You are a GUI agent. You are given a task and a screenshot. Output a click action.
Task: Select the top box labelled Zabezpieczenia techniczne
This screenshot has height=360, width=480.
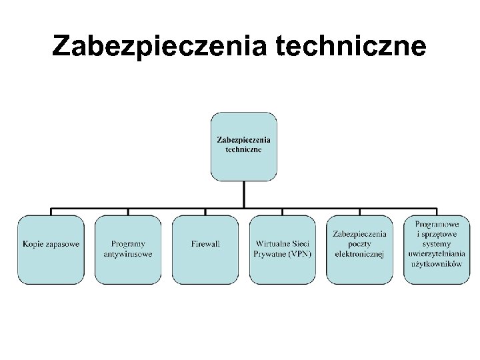point(243,146)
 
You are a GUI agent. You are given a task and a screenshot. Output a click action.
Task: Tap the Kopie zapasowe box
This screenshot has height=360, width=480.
point(51,249)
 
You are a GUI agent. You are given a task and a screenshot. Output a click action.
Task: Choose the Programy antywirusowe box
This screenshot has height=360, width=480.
point(128,249)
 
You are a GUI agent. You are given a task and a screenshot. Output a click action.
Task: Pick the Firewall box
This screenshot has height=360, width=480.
point(205,249)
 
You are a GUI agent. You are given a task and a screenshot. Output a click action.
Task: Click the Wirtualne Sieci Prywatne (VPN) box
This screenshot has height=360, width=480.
point(282,249)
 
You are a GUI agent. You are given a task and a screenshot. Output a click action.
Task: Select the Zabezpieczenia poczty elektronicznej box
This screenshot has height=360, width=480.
point(359,249)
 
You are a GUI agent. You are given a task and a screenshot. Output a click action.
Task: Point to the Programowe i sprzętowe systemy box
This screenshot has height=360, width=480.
point(437,249)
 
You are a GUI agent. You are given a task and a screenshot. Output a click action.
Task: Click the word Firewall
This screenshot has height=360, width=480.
point(205,244)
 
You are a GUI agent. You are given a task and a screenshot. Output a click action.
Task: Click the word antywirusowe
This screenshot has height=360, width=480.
point(128,254)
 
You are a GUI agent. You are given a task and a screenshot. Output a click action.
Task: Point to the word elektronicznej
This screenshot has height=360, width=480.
point(359,254)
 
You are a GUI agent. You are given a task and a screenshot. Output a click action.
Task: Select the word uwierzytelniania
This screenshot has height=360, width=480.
point(437,254)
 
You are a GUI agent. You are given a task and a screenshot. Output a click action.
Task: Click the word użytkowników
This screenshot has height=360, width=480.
point(437,264)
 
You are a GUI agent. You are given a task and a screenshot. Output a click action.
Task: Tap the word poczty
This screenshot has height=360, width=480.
point(359,244)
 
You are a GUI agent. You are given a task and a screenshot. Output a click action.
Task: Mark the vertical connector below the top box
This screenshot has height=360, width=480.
point(243,194)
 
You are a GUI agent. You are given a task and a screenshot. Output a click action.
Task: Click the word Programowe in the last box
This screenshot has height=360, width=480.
point(437,225)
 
